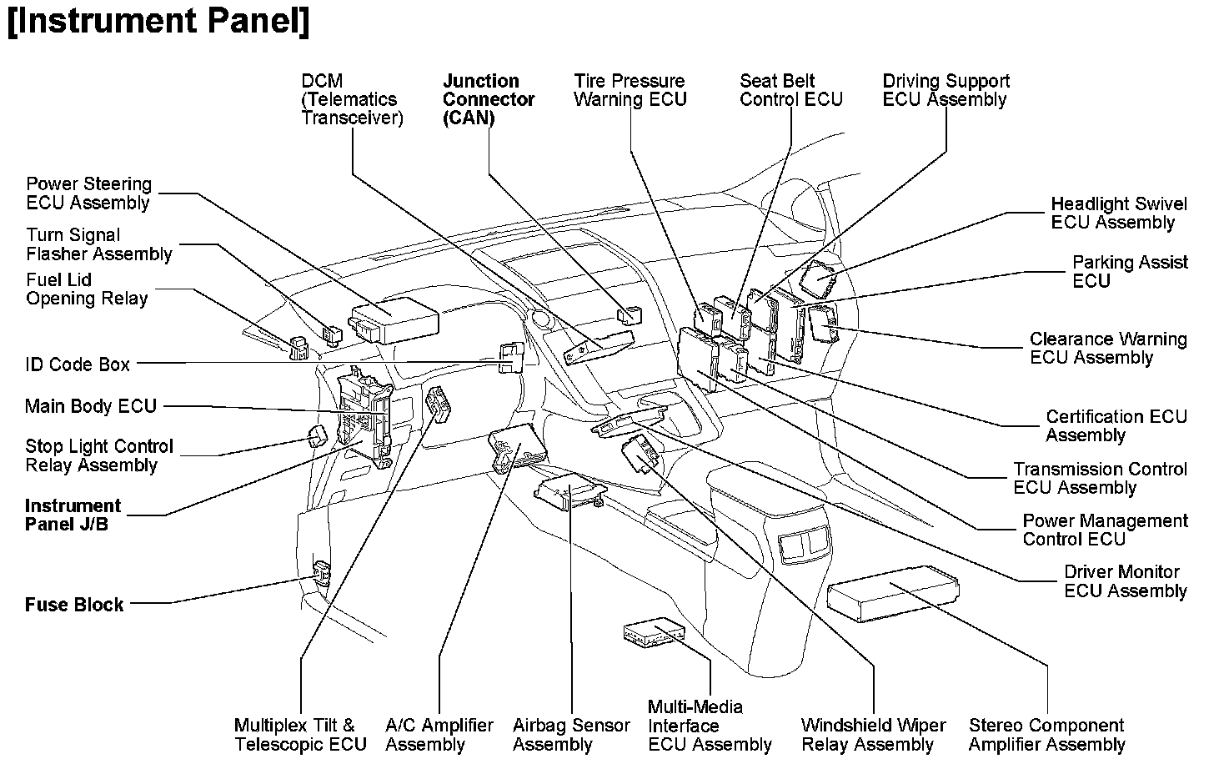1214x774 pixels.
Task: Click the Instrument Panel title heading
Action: point(158,23)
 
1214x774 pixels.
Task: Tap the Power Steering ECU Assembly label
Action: point(88,193)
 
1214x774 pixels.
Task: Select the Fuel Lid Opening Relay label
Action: point(87,289)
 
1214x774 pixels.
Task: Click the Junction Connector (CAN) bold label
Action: point(488,99)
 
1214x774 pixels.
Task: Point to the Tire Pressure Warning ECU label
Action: point(630,90)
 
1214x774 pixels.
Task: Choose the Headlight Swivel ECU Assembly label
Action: point(1118,214)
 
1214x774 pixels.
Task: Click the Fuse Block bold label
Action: point(74,605)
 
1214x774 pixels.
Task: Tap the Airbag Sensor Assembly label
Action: point(571,735)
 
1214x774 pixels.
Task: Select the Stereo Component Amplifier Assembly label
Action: point(1046,735)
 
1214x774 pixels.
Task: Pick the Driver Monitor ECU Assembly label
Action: point(1125,581)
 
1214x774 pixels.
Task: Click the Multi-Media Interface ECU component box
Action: point(654,631)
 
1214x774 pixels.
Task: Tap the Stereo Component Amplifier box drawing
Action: point(892,591)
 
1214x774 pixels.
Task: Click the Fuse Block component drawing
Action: point(321,572)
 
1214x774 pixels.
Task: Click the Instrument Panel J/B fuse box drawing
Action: point(364,415)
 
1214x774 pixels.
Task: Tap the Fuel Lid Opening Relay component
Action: point(298,347)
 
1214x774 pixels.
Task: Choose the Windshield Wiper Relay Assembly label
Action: point(873,735)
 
